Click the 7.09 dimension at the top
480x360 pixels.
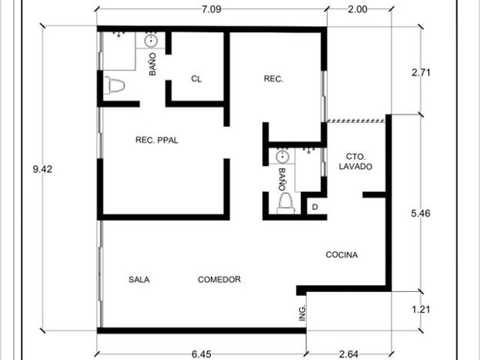(x=211, y=9)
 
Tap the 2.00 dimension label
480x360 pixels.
(x=357, y=9)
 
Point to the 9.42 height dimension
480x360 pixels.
(x=43, y=169)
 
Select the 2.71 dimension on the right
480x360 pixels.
(x=421, y=73)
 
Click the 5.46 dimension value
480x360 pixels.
(x=421, y=213)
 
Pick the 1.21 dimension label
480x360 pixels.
(x=421, y=310)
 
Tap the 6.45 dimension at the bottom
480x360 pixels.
(x=202, y=354)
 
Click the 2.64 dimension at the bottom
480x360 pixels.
(x=349, y=354)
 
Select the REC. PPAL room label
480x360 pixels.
(x=157, y=140)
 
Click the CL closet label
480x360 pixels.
(x=196, y=79)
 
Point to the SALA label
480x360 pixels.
(x=139, y=280)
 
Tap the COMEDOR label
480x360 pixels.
(x=219, y=280)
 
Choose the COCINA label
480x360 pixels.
(x=342, y=255)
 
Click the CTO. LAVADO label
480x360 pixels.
(x=355, y=162)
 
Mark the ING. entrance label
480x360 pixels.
(x=302, y=313)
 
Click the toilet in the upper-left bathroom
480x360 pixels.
(x=114, y=85)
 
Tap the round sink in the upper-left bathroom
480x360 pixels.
(x=151, y=40)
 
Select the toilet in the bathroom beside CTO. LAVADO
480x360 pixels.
(x=286, y=203)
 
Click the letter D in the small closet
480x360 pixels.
(x=315, y=207)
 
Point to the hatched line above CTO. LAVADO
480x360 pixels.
(x=356, y=121)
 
